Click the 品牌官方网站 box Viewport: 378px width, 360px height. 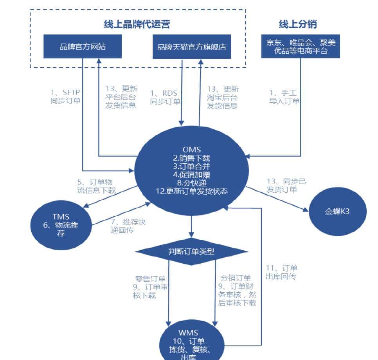(x=83, y=47)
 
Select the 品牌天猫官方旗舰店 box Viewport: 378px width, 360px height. (x=192, y=47)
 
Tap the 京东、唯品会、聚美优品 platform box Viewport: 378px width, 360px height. (x=301, y=47)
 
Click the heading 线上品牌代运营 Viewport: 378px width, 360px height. (x=137, y=24)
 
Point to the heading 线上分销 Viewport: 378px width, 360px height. (x=298, y=24)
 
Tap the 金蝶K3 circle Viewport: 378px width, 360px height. (x=338, y=211)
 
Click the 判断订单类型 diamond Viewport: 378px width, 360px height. (x=191, y=251)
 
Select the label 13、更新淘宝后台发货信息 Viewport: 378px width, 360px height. (x=223, y=97)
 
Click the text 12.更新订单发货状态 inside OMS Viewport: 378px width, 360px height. (x=191, y=192)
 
